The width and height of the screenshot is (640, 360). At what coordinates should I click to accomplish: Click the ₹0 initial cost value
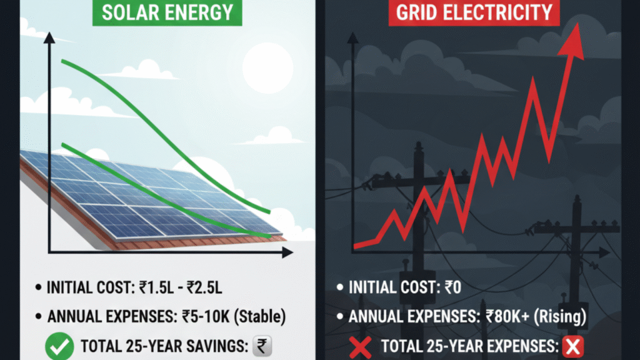coord(457,289)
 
